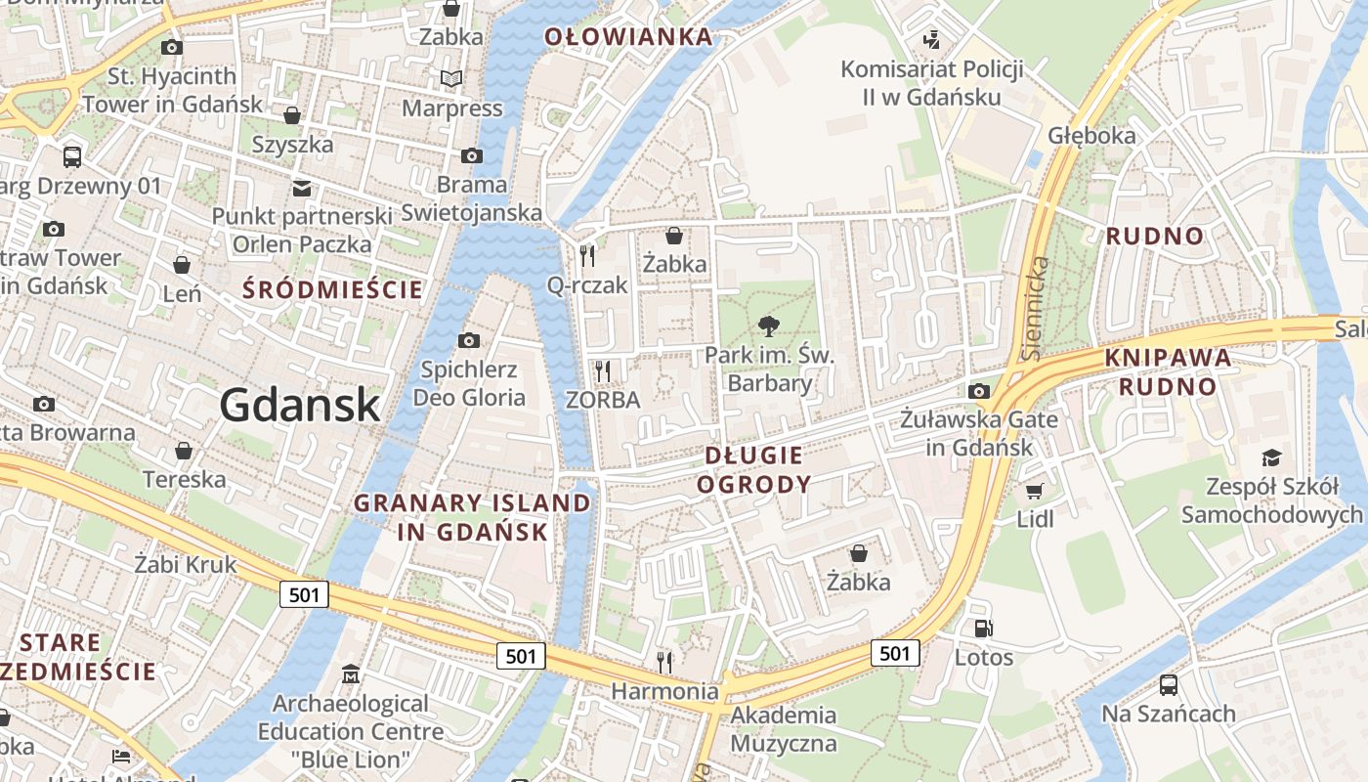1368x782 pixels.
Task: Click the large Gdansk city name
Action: tap(299, 404)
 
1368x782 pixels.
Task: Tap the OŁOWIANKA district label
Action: tap(628, 37)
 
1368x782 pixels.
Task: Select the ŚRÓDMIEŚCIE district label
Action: tap(332, 289)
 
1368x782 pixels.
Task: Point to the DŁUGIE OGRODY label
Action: tap(754, 469)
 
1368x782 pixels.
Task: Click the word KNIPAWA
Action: tap(1168, 358)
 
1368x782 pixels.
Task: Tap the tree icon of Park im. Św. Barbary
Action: tap(769, 326)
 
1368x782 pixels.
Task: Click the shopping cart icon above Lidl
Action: tap(1035, 491)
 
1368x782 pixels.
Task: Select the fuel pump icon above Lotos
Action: tap(983, 629)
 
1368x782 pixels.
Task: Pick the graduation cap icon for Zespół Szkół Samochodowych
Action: tap(1271, 457)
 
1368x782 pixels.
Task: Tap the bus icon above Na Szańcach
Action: tap(1168, 684)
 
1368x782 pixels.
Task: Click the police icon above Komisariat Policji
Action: tap(931, 40)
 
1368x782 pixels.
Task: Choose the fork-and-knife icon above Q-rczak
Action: tap(587, 256)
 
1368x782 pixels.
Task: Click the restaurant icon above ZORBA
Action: tap(603, 371)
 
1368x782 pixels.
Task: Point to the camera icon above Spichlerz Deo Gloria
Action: tap(469, 340)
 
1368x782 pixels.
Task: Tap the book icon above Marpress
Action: tap(451, 78)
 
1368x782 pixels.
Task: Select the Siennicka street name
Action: tap(1037, 307)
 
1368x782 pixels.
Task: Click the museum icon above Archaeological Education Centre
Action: tap(351, 674)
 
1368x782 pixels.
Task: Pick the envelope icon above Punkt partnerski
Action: tap(301, 188)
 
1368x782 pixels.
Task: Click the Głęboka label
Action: tap(1091, 135)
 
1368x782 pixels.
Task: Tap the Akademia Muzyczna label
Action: tap(784, 729)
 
